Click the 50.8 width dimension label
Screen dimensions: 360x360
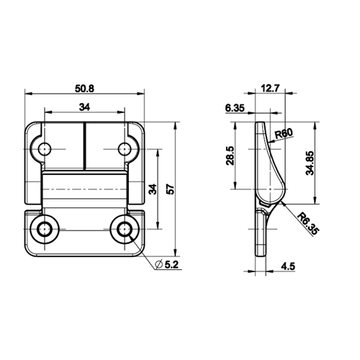[85, 89]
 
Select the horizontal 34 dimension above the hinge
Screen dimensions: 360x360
[84, 107]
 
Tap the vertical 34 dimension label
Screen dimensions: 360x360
[153, 189]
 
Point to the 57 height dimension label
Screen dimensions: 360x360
[170, 189]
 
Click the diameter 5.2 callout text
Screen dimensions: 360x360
[172, 265]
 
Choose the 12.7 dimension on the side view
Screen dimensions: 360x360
[270, 89]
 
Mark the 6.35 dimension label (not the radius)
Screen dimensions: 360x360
[235, 108]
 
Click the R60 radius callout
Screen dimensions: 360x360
[284, 133]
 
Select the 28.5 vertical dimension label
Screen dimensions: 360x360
[230, 156]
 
